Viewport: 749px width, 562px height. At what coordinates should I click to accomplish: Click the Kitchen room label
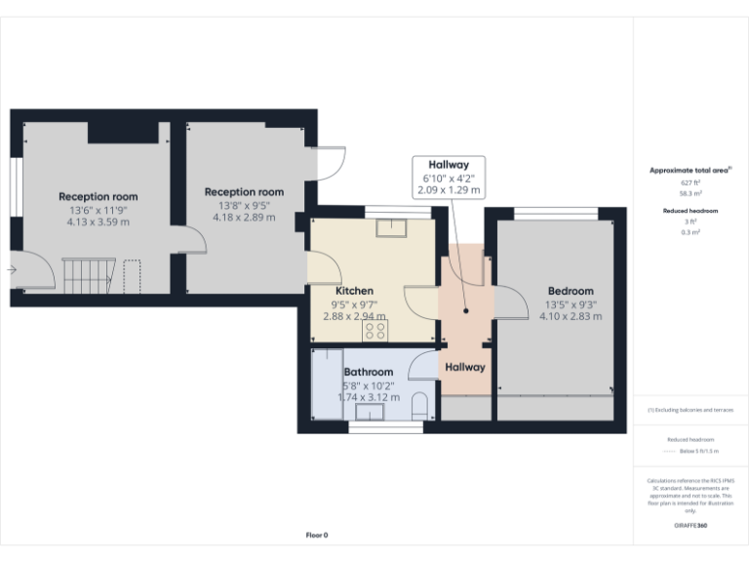(x=354, y=292)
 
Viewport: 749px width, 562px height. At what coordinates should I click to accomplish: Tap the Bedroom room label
(x=570, y=292)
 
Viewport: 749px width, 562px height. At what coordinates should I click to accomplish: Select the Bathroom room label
(x=369, y=372)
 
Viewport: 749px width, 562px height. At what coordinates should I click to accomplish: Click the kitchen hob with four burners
(x=375, y=332)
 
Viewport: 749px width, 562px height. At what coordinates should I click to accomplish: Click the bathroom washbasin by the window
(x=371, y=411)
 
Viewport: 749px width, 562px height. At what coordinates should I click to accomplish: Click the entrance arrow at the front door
(x=11, y=269)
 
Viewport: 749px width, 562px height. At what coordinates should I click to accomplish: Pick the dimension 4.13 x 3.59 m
(x=98, y=222)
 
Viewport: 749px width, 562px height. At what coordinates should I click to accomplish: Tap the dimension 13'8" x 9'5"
(x=243, y=205)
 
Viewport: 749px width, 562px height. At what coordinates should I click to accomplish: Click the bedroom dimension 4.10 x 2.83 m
(x=570, y=316)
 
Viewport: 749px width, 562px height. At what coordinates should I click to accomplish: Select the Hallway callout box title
(x=449, y=165)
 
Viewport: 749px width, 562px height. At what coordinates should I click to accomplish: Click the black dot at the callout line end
(x=466, y=311)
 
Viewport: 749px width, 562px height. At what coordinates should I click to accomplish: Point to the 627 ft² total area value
(x=690, y=182)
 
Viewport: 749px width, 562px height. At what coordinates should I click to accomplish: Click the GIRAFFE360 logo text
(x=690, y=526)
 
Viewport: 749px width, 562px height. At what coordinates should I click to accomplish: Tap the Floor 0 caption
(x=317, y=535)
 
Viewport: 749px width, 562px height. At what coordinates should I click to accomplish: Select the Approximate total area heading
(x=689, y=171)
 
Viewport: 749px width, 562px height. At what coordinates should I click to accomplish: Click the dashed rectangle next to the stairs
(x=133, y=275)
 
